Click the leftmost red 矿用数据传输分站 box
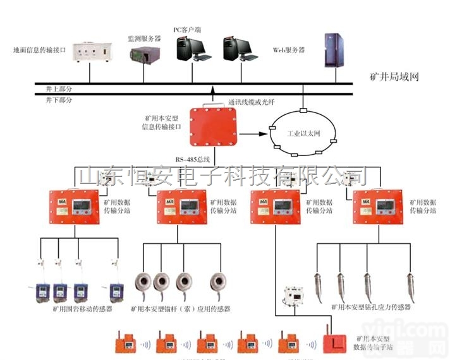[x=70, y=207]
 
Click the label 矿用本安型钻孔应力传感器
[x=371, y=307]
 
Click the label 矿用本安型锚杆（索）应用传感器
[x=180, y=309]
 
